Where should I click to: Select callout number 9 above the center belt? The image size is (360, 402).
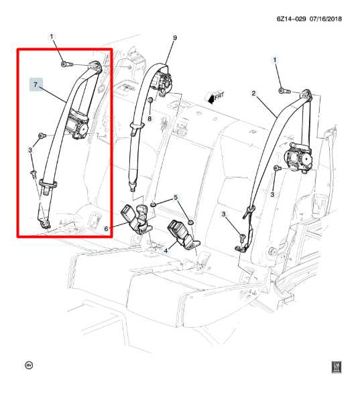[174, 38]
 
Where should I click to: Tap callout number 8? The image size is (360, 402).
[150, 119]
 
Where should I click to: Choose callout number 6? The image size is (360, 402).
[107, 228]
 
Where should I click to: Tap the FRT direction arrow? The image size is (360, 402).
[215, 98]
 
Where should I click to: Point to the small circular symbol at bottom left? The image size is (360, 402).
[28, 365]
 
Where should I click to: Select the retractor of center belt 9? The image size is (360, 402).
[163, 85]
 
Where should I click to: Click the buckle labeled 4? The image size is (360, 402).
[181, 231]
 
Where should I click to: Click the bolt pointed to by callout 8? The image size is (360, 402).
[151, 102]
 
